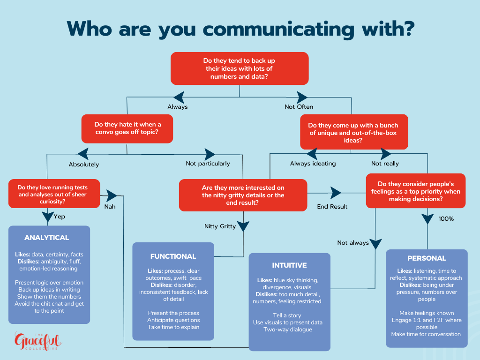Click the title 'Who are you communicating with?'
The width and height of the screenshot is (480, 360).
[240, 29]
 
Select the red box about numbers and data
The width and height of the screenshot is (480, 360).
[239, 68]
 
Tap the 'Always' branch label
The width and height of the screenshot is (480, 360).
[178, 107]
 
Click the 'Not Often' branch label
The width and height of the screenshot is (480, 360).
[299, 107]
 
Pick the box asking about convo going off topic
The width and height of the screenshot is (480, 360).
[127, 129]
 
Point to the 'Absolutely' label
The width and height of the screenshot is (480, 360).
[84, 165]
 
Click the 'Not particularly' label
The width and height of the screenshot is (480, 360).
[208, 164]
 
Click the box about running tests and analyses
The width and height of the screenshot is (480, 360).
[54, 193]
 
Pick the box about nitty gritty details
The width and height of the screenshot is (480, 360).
[243, 195]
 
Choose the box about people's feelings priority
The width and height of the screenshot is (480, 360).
[416, 191]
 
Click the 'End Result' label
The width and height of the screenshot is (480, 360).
[332, 206]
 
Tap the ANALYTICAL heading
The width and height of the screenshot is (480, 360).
[46, 238]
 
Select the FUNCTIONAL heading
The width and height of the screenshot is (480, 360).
[173, 256]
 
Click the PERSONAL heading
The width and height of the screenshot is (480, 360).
[427, 258]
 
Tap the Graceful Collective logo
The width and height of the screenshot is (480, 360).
[37, 341]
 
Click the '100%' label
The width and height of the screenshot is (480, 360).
[446, 218]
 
